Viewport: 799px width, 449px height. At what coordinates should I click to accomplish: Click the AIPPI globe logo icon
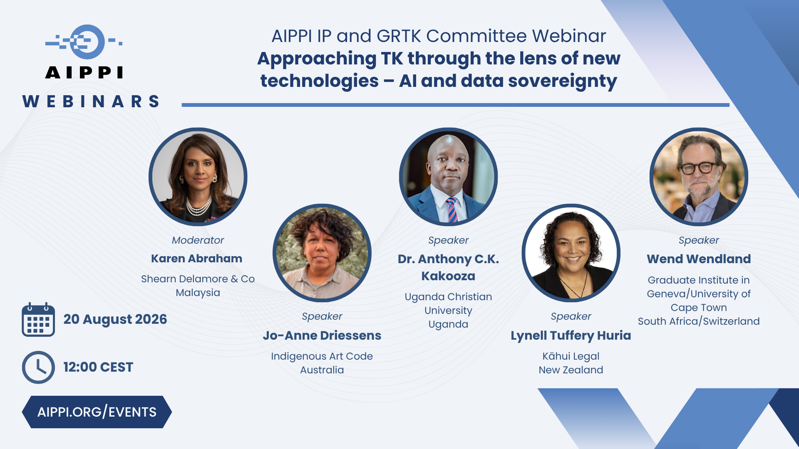84,42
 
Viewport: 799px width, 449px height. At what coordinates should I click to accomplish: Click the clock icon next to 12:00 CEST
38,367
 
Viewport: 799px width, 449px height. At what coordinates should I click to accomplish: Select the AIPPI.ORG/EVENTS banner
97,412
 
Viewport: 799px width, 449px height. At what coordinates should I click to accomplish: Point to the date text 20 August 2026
115,319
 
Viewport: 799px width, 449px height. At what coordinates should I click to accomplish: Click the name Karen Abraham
196,259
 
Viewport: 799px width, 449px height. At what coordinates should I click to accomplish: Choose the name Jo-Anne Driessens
322,336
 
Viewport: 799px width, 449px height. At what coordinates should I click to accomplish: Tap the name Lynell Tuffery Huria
571,336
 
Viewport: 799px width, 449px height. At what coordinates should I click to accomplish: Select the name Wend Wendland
699,259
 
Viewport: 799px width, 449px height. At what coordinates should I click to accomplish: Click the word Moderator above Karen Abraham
198,240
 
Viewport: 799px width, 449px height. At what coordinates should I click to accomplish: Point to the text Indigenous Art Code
322,356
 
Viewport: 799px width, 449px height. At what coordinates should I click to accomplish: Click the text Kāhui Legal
571,356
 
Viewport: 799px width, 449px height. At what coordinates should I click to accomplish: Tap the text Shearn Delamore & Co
198,279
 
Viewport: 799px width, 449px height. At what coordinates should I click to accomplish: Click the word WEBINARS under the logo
91,101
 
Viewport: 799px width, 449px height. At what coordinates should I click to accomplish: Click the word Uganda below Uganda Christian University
448,324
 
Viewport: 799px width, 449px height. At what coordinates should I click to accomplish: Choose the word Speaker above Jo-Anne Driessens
322,316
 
